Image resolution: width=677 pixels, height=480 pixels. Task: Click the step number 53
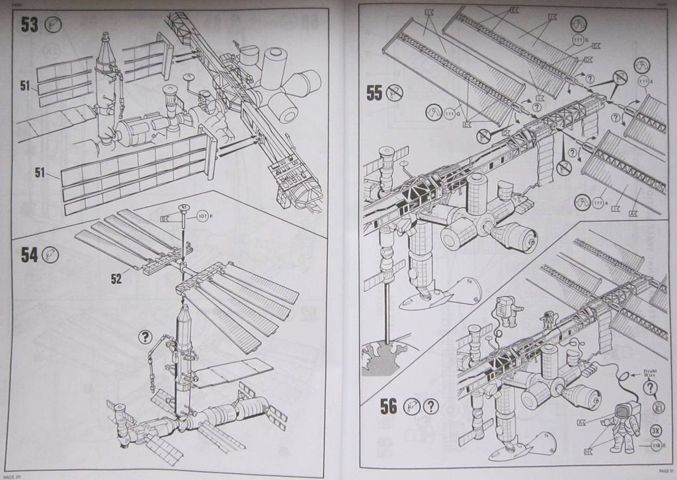(29, 25)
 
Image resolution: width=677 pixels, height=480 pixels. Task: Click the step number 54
(29, 255)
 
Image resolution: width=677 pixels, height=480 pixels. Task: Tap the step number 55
(374, 93)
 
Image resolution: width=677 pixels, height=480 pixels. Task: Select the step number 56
(388, 407)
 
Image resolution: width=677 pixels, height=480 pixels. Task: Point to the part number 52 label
(116, 279)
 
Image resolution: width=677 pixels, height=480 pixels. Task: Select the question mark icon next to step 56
(431, 406)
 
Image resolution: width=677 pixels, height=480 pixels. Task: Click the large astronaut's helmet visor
(621, 413)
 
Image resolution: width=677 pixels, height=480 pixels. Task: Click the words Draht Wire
(651, 374)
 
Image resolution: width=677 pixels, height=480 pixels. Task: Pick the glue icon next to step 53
(52, 25)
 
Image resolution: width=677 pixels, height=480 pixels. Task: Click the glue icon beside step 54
(52, 254)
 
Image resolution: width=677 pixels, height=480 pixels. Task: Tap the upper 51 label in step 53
(25, 85)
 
